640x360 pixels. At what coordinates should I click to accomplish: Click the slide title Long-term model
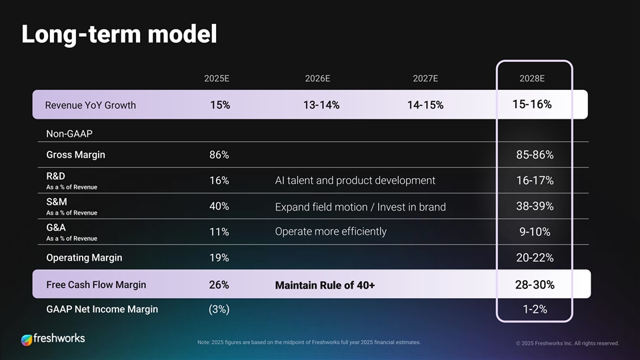119,34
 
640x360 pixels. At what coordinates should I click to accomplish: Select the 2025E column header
217,78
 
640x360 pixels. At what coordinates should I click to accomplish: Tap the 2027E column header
425,78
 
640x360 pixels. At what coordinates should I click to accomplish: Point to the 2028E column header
532,78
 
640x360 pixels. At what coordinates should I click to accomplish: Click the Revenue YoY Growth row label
90,105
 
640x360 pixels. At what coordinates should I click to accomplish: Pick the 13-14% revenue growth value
321,105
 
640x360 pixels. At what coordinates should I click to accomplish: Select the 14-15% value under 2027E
425,105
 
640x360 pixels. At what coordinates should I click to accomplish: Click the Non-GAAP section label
69,134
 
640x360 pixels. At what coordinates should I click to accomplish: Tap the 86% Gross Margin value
219,155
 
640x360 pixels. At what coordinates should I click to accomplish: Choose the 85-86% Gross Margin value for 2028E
535,155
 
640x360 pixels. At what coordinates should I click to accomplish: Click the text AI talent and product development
355,181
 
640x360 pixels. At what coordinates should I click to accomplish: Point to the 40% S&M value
219,206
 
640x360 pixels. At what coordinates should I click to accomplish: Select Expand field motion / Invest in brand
360,207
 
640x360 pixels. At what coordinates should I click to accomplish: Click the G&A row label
56,227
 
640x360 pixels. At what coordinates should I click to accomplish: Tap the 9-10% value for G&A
535,232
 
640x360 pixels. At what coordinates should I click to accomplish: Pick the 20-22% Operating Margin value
535,258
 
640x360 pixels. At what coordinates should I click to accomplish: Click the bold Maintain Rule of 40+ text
325,285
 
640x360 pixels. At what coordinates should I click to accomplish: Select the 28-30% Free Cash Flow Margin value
535,285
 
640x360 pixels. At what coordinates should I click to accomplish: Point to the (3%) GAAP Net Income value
219,309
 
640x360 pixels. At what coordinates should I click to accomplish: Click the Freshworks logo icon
27,339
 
